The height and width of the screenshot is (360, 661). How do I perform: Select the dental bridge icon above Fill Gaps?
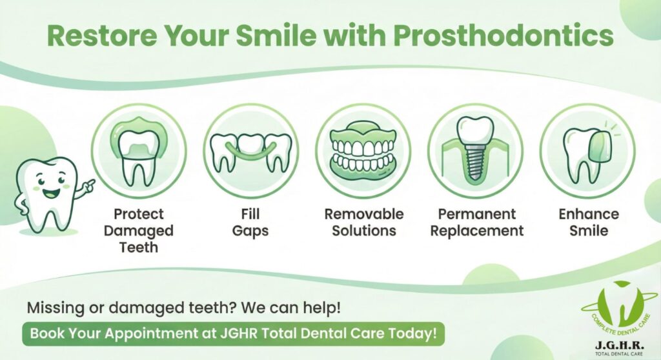(x=251, y=153)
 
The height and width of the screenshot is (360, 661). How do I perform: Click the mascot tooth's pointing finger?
(x=89, y=184)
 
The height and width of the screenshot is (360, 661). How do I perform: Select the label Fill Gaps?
(x=250, y=222)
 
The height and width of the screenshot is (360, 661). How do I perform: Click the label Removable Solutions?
(x=364, y=222)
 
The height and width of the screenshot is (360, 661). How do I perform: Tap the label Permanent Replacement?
(x=477, y=222)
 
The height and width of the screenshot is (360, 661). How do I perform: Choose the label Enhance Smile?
(x=589, y=222)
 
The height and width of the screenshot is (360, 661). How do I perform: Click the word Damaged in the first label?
(x=139, y=231)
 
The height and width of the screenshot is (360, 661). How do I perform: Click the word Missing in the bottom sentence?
(x=56, y=308)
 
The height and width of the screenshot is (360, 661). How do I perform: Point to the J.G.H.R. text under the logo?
(x=619, y=345)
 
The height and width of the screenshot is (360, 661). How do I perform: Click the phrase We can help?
(x=290, y=308)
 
